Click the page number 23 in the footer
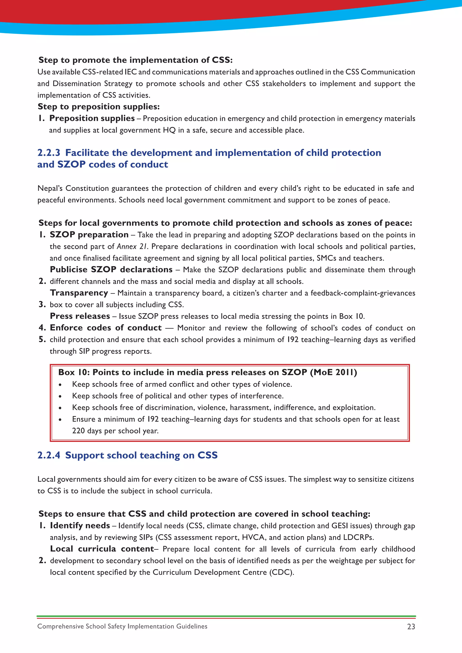(411, 627)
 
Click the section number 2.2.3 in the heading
(49, 153)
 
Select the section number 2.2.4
(49, 455)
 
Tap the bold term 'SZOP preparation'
(89, 235)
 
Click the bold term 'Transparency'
(79, 293)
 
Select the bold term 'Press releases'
(80, 316)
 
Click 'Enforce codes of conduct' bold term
(106, 328)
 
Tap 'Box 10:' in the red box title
(74, 372)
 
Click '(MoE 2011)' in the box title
(333, 372)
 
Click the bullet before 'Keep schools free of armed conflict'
(60, 384)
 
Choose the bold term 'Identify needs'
(80, 525)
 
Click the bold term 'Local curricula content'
(102, 549)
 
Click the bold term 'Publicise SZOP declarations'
(111, 269)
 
